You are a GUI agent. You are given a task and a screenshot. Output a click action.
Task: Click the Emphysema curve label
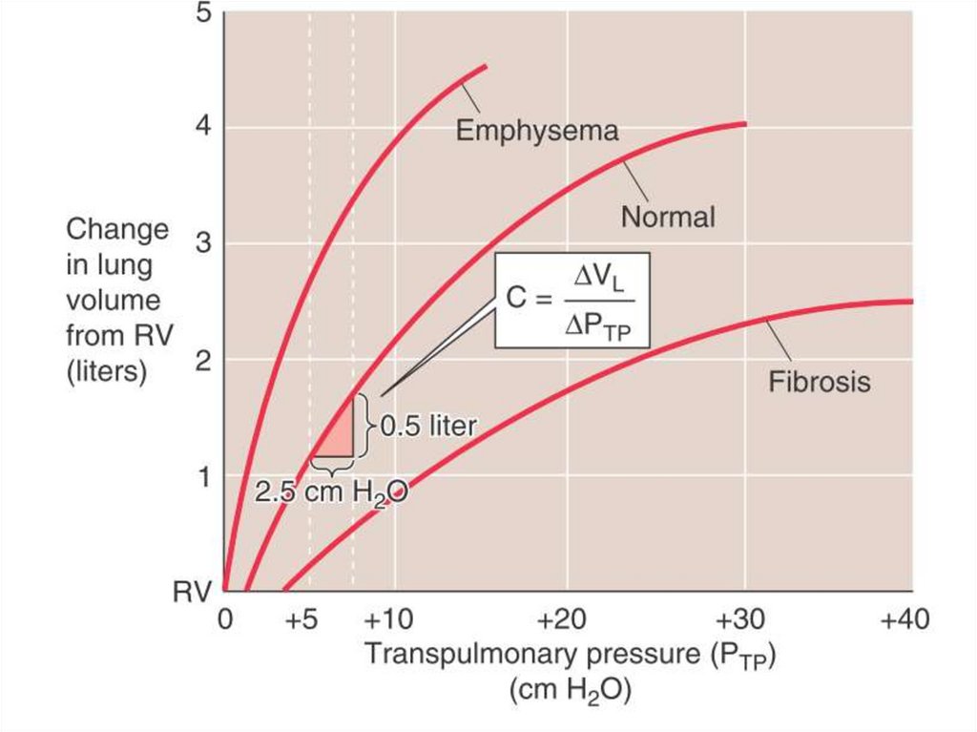point(536,130)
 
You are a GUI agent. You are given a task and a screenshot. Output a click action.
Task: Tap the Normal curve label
point(667,218)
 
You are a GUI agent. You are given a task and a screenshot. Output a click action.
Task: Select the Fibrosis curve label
point(820,382)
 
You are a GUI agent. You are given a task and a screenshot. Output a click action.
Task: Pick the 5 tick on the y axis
point(202,13)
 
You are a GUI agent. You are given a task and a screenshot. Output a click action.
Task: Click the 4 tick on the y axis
point(202,128)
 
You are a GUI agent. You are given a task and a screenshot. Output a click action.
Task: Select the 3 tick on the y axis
point(202,243)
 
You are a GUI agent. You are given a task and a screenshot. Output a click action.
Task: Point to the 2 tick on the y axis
point(202,360)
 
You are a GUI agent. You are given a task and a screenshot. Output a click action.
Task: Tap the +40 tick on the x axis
point(904,621)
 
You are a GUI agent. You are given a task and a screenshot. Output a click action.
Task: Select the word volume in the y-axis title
point(108,301)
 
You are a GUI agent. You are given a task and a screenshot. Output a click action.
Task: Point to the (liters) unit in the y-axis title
point(106,372)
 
